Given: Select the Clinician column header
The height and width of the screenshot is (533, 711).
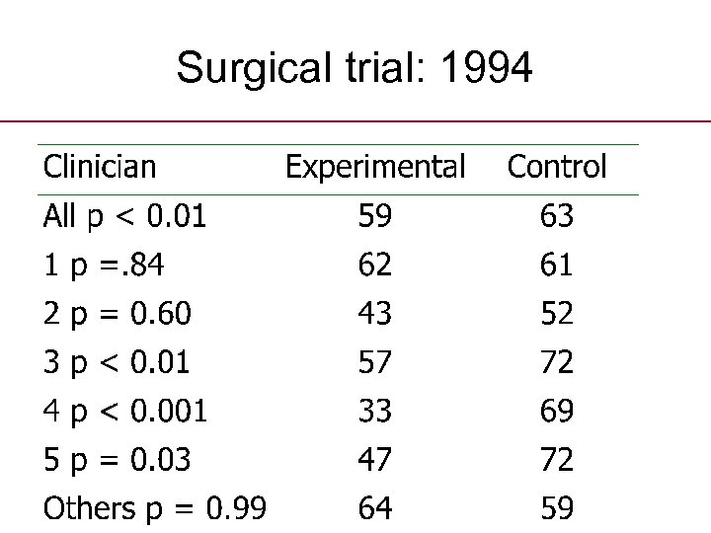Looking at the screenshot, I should coord(100,167).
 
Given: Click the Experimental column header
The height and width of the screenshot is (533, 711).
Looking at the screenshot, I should coord(375,167).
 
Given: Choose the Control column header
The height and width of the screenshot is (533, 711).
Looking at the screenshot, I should coord(557,167).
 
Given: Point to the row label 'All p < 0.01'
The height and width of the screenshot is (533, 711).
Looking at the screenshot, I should coord(125,216).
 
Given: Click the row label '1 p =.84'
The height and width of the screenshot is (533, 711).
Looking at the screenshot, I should coord(104,265).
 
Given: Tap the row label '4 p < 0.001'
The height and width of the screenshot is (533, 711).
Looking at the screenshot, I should coord(125,411).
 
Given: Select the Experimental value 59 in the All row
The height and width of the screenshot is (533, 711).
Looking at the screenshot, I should coord(375,216).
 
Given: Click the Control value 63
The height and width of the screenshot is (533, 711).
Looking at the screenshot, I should coord(557,216).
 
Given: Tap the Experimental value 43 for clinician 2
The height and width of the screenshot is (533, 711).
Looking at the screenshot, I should coord(375,313).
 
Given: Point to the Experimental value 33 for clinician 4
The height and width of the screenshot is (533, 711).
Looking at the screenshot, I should coord(375,411).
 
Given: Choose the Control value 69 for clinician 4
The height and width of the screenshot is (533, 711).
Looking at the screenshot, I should coord(557,411).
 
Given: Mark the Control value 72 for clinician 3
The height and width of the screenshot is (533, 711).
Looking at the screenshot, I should coord(557,362).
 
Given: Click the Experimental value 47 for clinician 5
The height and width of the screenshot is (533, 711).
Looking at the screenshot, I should coord(375,459).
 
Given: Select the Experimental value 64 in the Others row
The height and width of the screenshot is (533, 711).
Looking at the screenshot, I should coord(375,507).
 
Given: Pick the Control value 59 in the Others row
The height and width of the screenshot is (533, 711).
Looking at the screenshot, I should coord(557,507).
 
